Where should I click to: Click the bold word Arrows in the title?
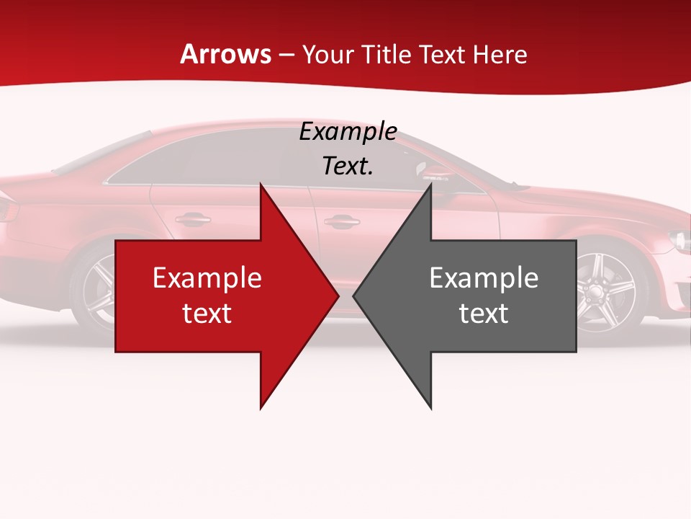click(226, 54)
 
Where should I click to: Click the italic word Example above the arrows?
click(348, 132)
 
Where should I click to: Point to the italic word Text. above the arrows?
click(348, 167)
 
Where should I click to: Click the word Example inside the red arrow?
click(207, 278)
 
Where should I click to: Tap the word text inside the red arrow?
click(207, 313)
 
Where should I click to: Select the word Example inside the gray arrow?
click(484, 278)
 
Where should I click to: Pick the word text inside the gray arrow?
click(484, 313)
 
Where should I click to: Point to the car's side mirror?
click(434, 172)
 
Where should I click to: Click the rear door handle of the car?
click(193, 218)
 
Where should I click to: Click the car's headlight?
click(679, 239)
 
